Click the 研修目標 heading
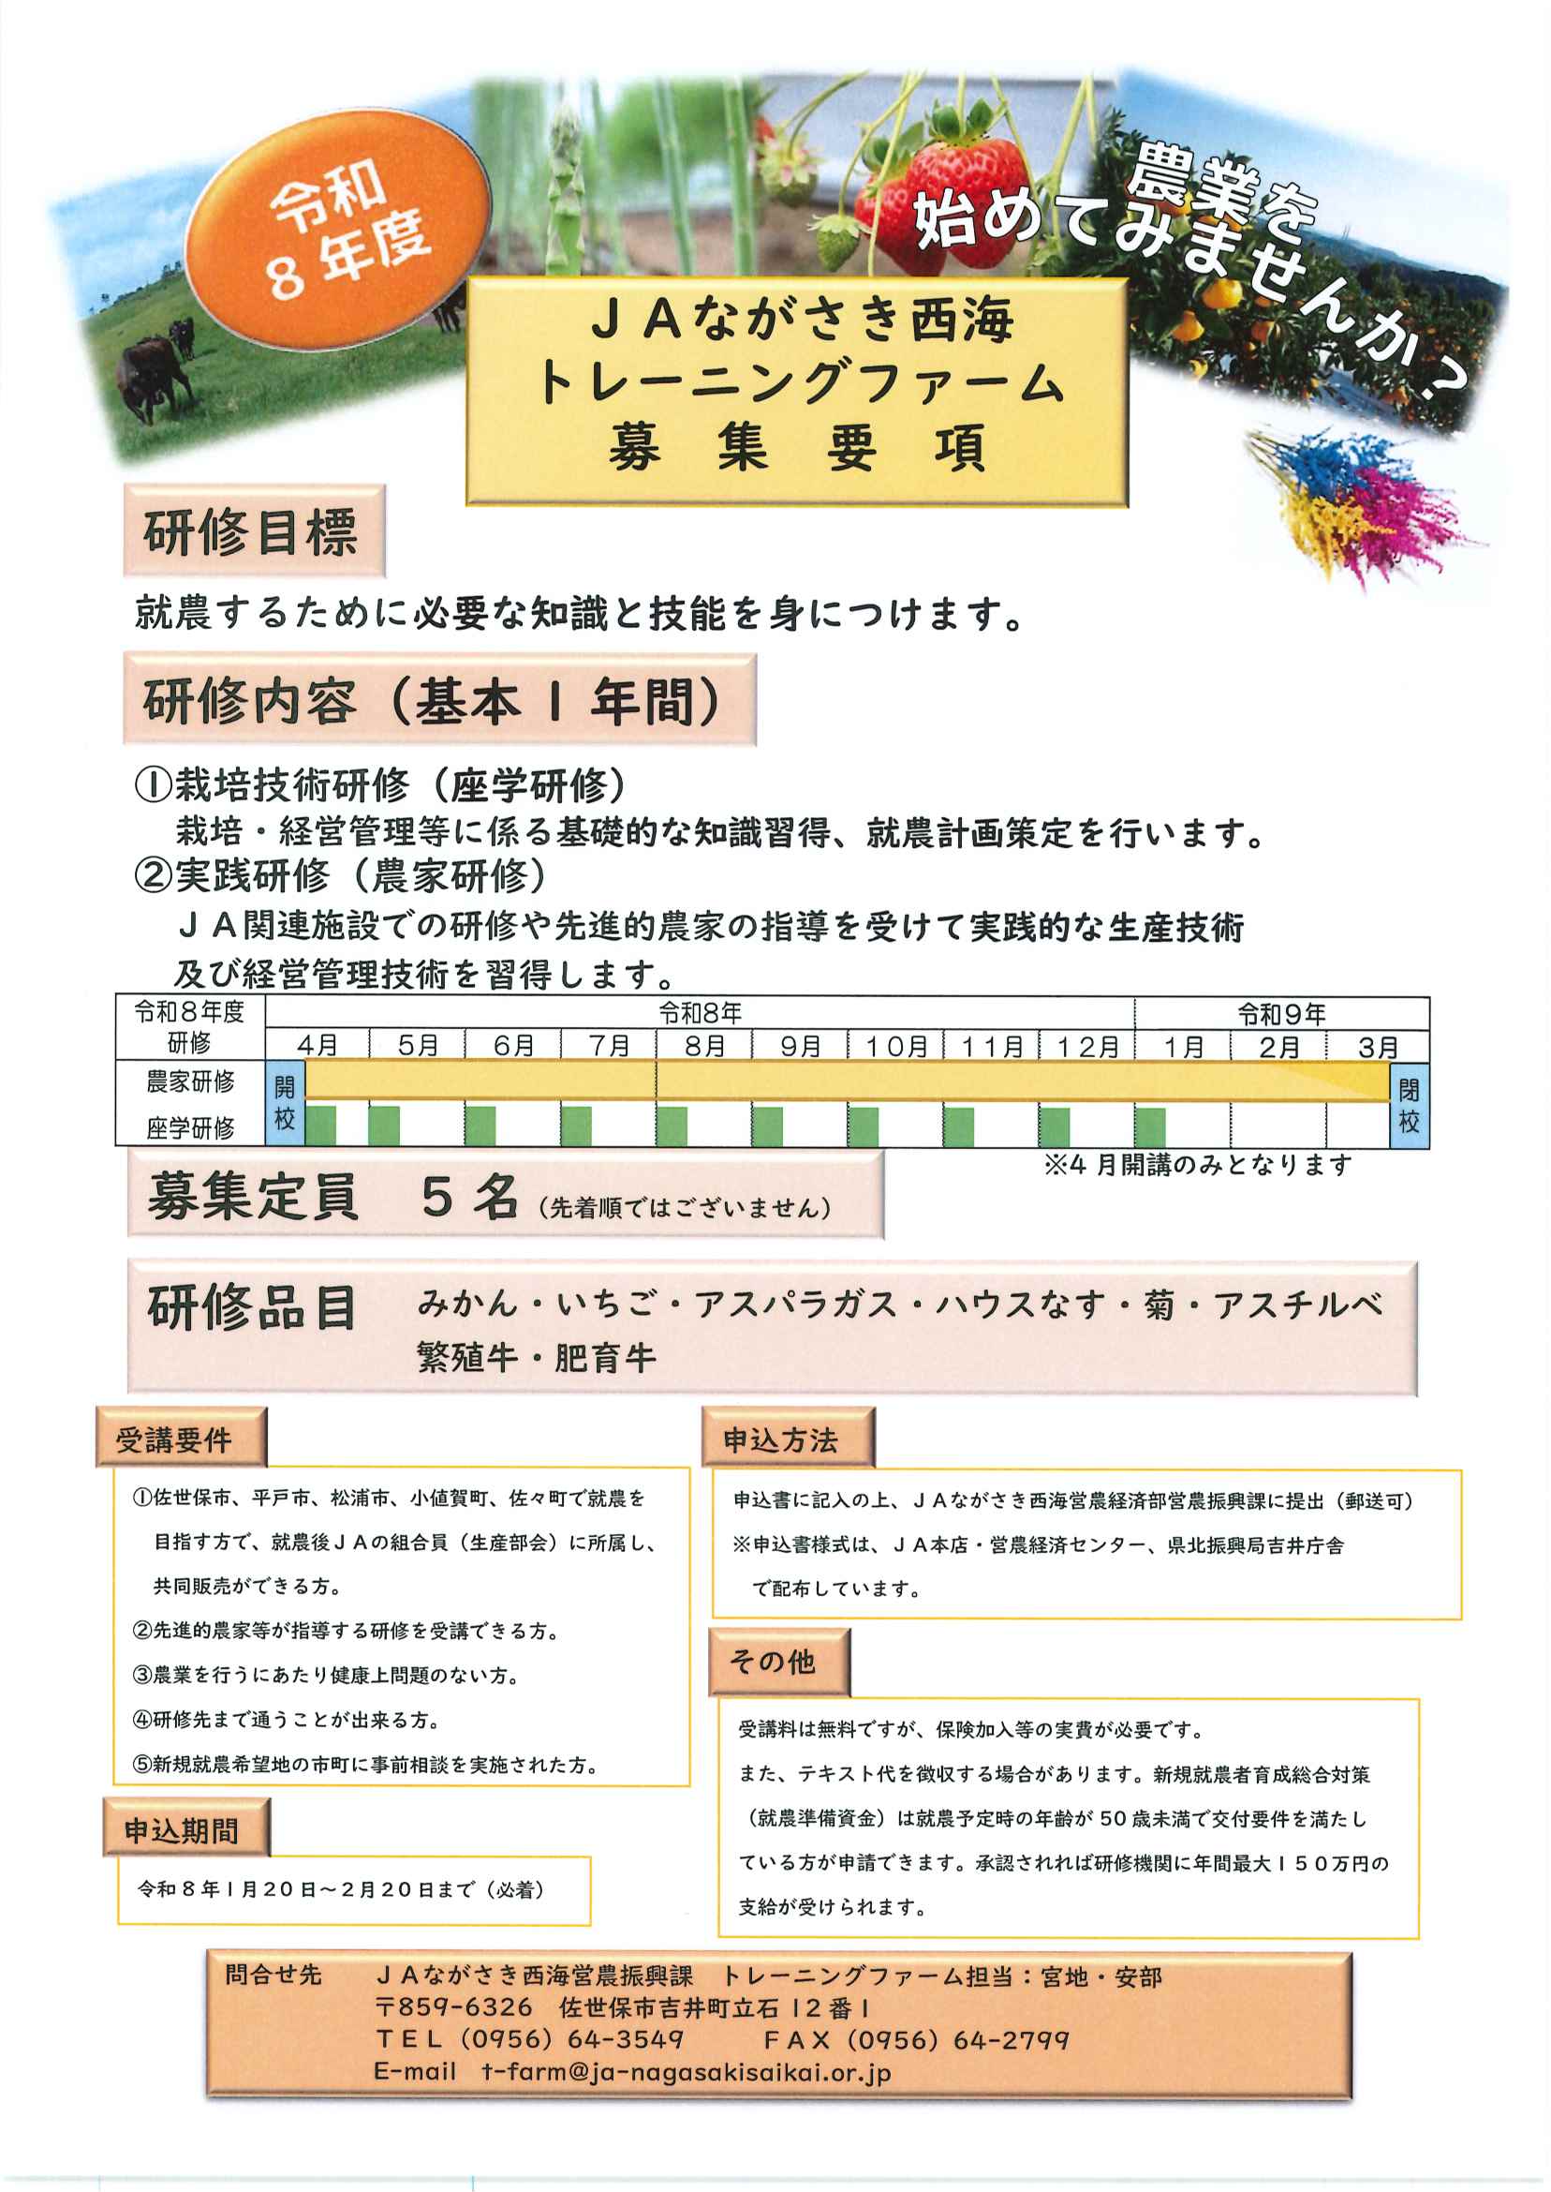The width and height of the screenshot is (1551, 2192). point(252,531)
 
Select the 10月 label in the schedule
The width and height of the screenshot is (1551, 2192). point(895,1046)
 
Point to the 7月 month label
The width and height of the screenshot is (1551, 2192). point(609,1046)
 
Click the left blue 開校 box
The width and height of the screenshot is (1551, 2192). point(285,1104)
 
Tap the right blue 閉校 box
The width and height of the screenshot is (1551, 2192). point(1409,1106)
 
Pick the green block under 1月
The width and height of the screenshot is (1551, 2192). point(1149,1126)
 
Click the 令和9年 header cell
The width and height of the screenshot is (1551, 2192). point(1280,1014)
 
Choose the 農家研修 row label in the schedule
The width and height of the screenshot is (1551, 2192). point(190,1081)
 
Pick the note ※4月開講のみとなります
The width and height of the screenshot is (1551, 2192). point(1199,1165)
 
